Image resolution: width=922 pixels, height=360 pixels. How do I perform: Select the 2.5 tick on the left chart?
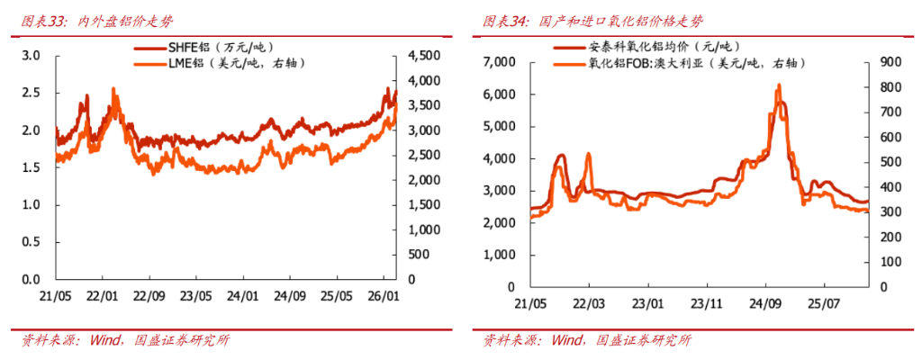32,93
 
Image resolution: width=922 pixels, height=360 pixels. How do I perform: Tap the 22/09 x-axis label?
149,295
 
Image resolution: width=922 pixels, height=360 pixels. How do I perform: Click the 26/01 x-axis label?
383,295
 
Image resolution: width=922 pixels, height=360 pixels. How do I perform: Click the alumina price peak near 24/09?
778,85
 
